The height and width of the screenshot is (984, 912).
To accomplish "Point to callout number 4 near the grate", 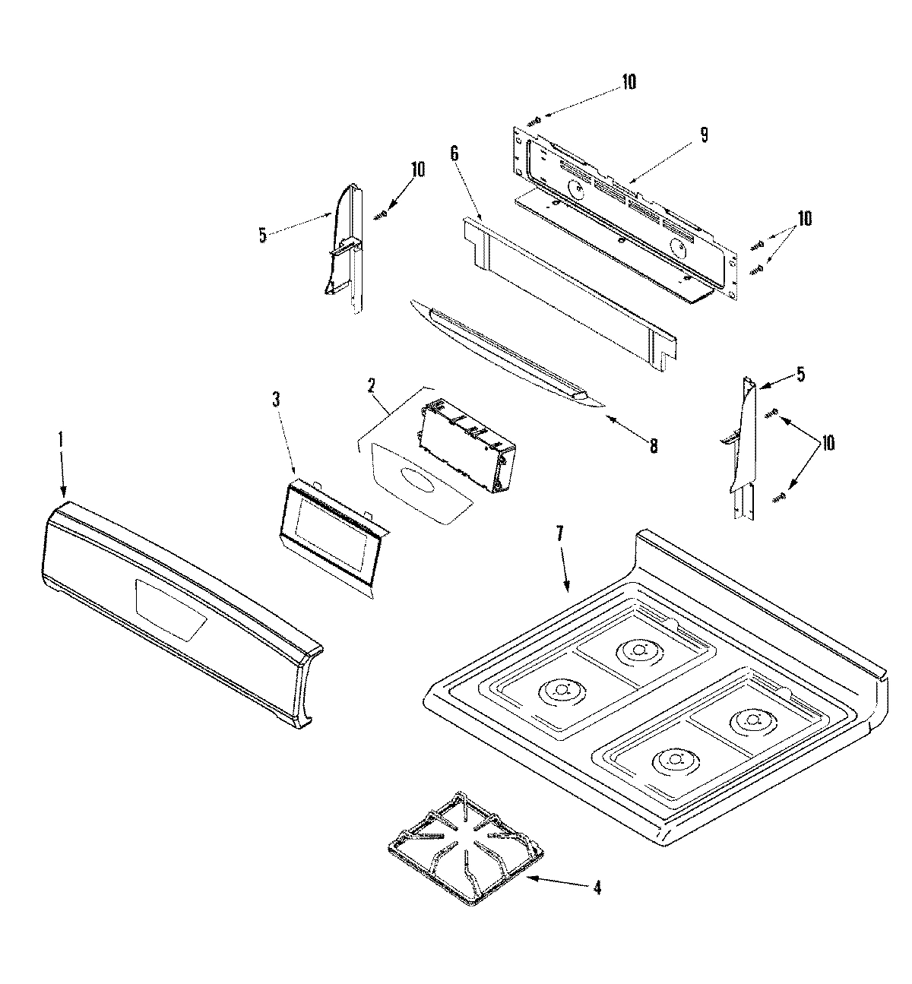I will (597, 887).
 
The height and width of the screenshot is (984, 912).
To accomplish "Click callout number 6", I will (454, 153).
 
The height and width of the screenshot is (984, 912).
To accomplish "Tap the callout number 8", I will (653, 447).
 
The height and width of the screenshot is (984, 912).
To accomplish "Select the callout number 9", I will (704, 134).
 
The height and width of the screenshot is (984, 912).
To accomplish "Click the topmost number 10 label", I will (629, 81).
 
